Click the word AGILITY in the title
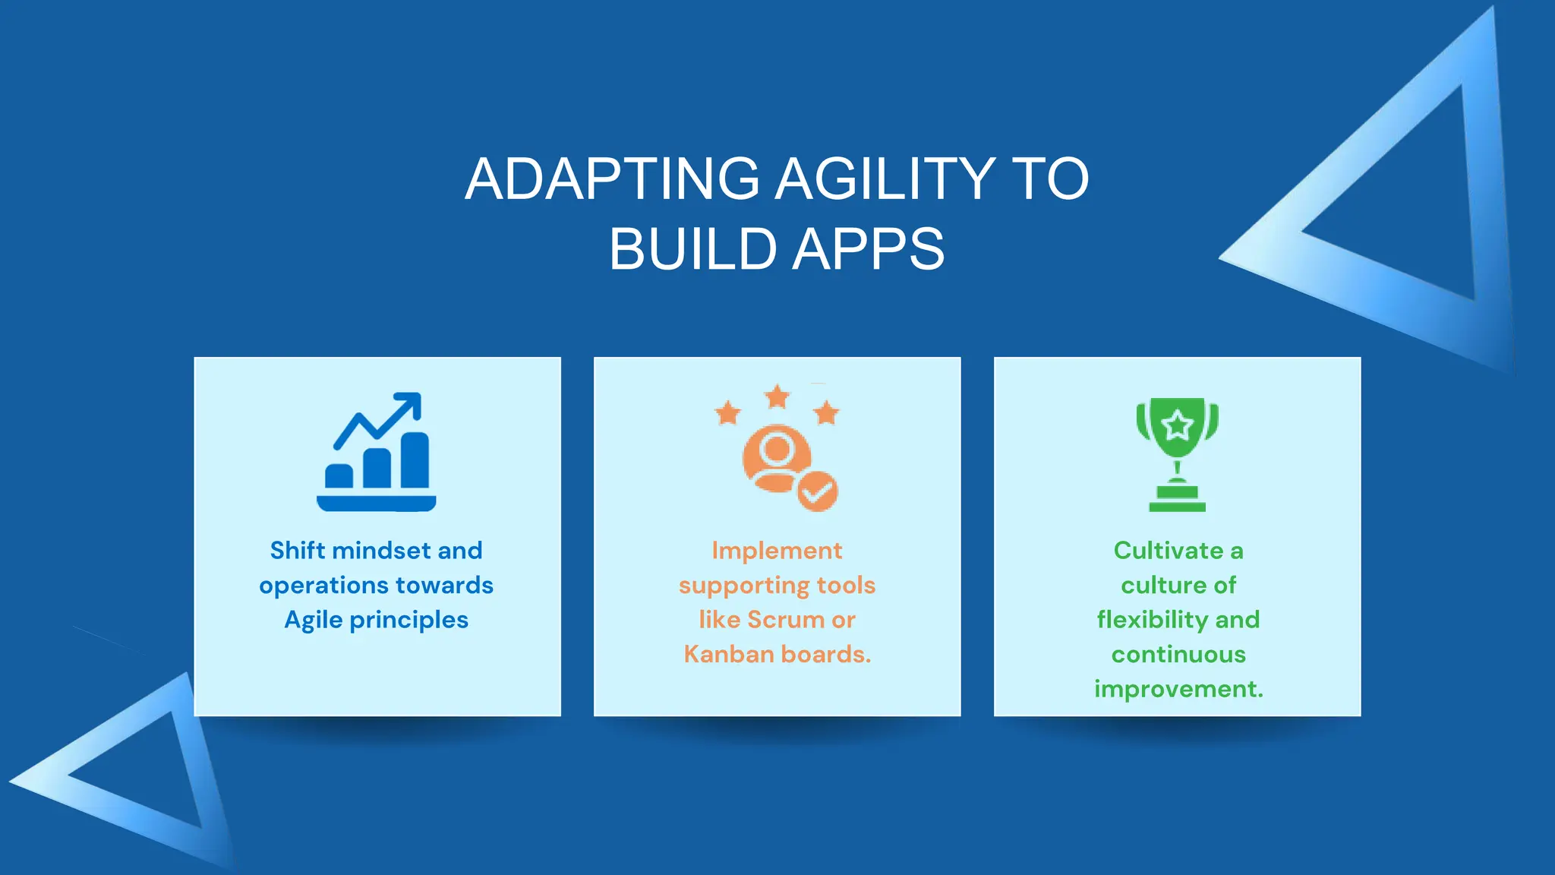click(x=885, y=179)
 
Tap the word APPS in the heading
click(x=869, y=249)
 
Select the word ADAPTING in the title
click(x=612, y=179)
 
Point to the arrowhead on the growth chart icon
click(x=411, y=403)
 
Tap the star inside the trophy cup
click(x=1177, y=425)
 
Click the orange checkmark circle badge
click(x=817, y=491)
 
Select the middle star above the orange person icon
click(x=777, y=396)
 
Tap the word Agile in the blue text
click(x=314, y=620)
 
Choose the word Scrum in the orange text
click(x=786, y=620)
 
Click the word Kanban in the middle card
click(x=728, y=654)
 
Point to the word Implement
click(x=777, y=550)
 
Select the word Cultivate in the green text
click(x=1168, y=550)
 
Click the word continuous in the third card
click(x=1178, y=654)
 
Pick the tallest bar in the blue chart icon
click(x=415, y=460)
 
